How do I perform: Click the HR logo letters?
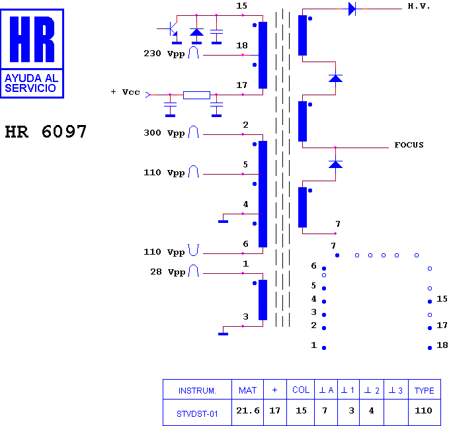(32, 39)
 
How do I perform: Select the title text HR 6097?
(46, 132)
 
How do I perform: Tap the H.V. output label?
(419, 7)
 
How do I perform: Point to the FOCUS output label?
(409, 145)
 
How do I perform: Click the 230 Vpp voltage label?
(164, 54)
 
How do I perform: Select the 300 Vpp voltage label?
(164, 133)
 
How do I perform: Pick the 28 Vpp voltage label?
(168, 272)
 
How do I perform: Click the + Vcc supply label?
(126, 92)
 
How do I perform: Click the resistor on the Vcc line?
(196, 95)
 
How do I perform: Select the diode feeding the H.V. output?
(352, 9)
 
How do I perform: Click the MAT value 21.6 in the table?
(248, 411)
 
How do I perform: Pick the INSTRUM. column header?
(197, 390)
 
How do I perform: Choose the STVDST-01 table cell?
(197, 413)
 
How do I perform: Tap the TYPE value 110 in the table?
(423, 411)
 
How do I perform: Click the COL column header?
(301, 390)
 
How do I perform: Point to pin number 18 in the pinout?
(442, 345)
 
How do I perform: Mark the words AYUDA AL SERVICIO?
(32, 83)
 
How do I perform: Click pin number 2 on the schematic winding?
(245, 125)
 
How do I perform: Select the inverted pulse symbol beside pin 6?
(194, 250)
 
